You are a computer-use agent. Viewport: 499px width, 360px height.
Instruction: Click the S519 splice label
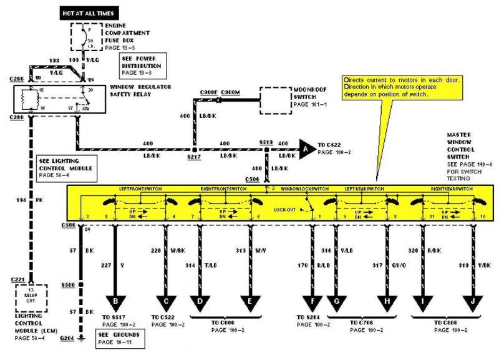pyautogui.click(x=266, y=142)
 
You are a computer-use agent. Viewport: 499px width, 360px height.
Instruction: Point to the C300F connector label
pyautogui.click(x=209, y=92)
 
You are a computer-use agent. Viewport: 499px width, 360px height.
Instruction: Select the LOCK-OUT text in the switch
pyautogui.click(x=284, y=211)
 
